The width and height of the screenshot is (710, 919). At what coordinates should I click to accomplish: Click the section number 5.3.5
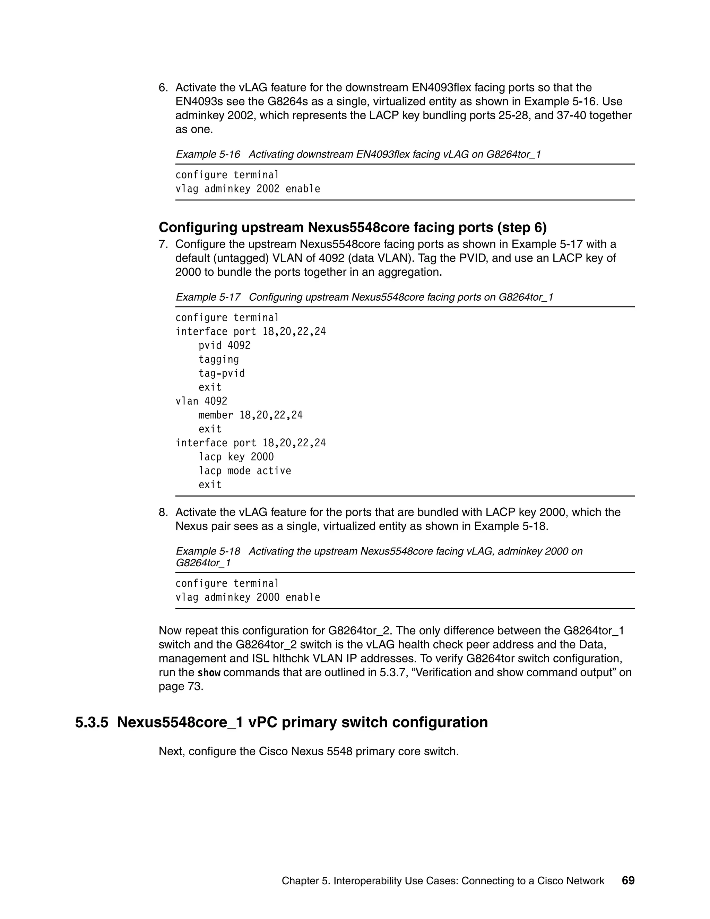pyautogui.click(x=91, y=722)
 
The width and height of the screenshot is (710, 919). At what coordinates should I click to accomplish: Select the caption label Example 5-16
pyautogui.click(x=208, y=154)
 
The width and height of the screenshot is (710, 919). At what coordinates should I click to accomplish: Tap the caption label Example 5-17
pyautogui.click(x=208, y=297)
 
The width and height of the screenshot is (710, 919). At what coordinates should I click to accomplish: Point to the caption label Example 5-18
pyautogui.click(x=208, y=551)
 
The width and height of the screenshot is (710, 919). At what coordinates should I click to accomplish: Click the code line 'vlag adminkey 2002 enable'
pyautogui.click(x=248, y=189)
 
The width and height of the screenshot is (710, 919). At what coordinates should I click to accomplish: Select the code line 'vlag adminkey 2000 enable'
pyautogui.click(x=248, y=598)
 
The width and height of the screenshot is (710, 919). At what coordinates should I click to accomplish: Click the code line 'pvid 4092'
pyautogui.click(x=224, y=345)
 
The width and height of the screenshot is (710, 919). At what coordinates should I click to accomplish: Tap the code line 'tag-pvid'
pyautogui.click(x=221, y=373)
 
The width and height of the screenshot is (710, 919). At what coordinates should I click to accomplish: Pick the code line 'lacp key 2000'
pyautogui.click(x=236, y=457)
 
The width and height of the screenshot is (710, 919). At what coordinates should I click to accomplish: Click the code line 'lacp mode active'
pyautogui.click(x=245, y=471)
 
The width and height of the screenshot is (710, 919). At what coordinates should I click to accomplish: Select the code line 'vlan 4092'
pyautogui.click(x=201, y=401)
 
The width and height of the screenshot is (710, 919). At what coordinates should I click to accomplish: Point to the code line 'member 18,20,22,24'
pyautogui.click(x=250, y=415)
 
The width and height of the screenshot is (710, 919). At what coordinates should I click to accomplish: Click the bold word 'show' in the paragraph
pyautogui.click(x=209, y=673)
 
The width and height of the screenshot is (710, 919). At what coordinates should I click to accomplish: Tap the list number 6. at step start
pyautogui.click(x=163, y=87)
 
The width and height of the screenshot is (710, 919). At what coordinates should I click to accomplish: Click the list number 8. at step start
pyautogui.click(x=163, y=512)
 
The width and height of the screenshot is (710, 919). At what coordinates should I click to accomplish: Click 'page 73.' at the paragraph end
pyautogui.click(x=181, y=686)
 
